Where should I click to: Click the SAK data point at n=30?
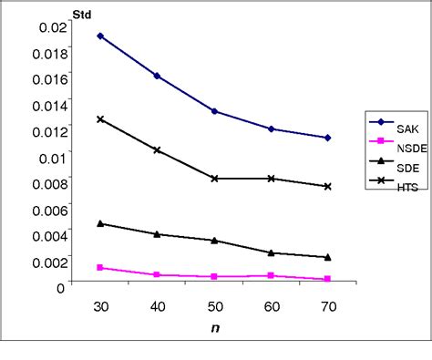point(100,36)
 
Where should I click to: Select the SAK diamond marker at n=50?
point(214,111)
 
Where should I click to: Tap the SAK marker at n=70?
point(328,138)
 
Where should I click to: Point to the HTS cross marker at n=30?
point(100,119)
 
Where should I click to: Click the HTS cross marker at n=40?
point(157,149)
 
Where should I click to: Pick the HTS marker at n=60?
point(272,179)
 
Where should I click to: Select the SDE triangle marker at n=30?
point(100,223)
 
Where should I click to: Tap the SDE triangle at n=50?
point(214,241)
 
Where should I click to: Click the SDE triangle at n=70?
point(328,257)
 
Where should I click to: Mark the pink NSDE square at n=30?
point(100,268)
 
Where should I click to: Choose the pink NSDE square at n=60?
point(272,275)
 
